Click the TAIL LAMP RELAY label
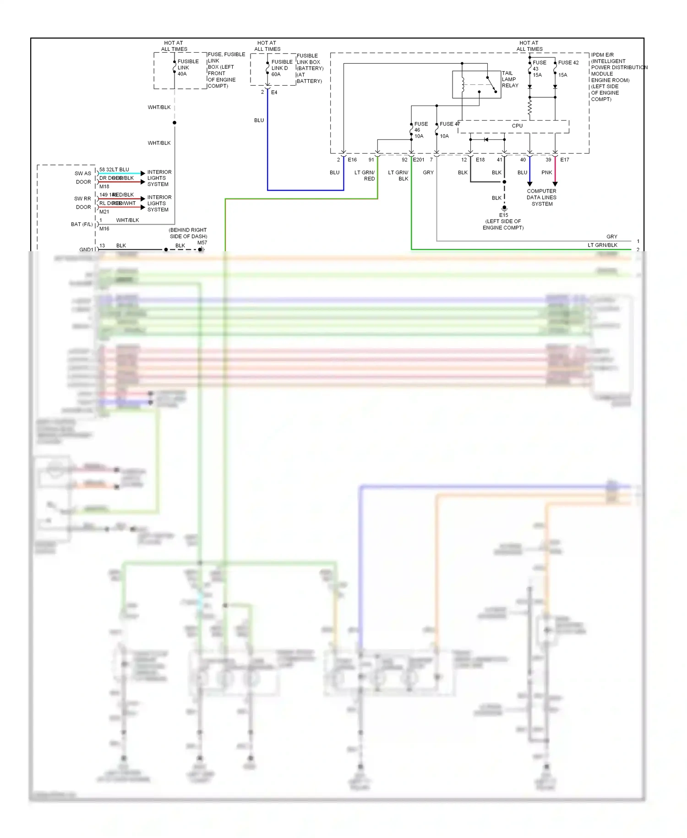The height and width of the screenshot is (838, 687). [x=510, y=79]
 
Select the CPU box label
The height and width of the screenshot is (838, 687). [x=517, y=126]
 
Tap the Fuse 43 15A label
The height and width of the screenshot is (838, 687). [x=539, y=69]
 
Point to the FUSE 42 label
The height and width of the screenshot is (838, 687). [x=568, y=63]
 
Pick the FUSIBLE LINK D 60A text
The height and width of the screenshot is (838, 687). [x=281, y=68]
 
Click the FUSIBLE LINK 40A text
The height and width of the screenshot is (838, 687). [x=188, y=67]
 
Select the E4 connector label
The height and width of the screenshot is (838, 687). [x=274, y=93]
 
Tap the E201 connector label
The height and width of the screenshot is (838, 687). [x=419, y=160]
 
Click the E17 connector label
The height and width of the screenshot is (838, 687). [x=564, y=160]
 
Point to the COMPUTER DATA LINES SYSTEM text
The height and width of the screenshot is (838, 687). [x=541, y=198]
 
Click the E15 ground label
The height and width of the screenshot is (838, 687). [x=503, y=215]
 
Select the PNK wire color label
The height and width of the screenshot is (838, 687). [x=546, y=173]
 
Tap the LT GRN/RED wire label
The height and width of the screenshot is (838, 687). [x=365, y=176]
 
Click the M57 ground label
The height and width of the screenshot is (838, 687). [x=202, y=243]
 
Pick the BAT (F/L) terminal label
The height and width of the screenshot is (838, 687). [x=82, y=224]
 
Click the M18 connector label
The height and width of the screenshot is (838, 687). [x=104, y=187]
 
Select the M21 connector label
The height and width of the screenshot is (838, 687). [x=104, y=212]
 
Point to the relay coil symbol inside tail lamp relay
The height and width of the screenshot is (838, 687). [x=463, y=84]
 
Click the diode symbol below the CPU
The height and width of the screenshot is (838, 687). [x=486, y=139]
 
